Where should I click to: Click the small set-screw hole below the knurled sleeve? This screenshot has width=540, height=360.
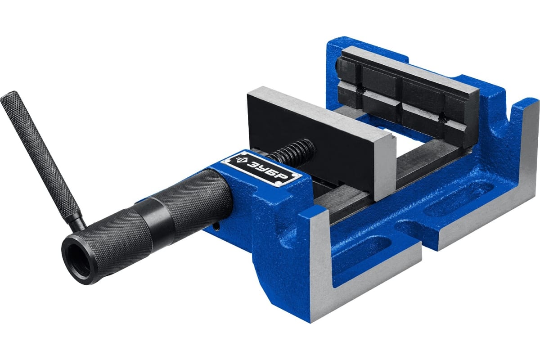[x=216, y=226]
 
